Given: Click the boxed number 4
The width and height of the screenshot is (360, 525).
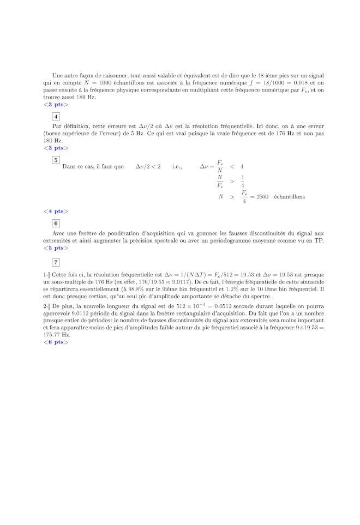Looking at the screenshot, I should tap(56, 116).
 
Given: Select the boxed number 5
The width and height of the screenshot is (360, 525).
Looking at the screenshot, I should tap(56, 160).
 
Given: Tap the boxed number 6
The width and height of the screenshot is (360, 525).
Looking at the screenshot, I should tap(56, 223).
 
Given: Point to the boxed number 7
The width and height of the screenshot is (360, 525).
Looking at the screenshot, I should tap(56, 263).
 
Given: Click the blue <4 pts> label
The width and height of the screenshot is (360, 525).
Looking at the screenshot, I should tap(56, 212).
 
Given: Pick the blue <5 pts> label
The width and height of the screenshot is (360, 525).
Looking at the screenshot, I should tap(56, 248).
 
